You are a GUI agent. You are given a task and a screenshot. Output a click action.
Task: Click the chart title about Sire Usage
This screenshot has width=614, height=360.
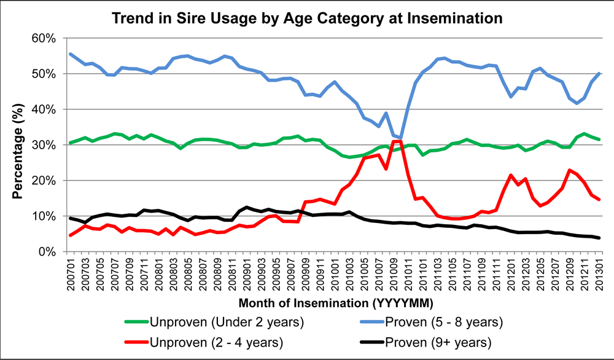click(x=307, y=18)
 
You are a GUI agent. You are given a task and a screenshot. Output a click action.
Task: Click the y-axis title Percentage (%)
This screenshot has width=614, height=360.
click(x=19, y=146)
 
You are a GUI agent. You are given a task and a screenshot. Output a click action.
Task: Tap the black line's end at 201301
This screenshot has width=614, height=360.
click(x=599, y=238)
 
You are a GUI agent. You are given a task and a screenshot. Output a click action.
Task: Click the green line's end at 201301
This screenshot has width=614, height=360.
click(x=599, y=139)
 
